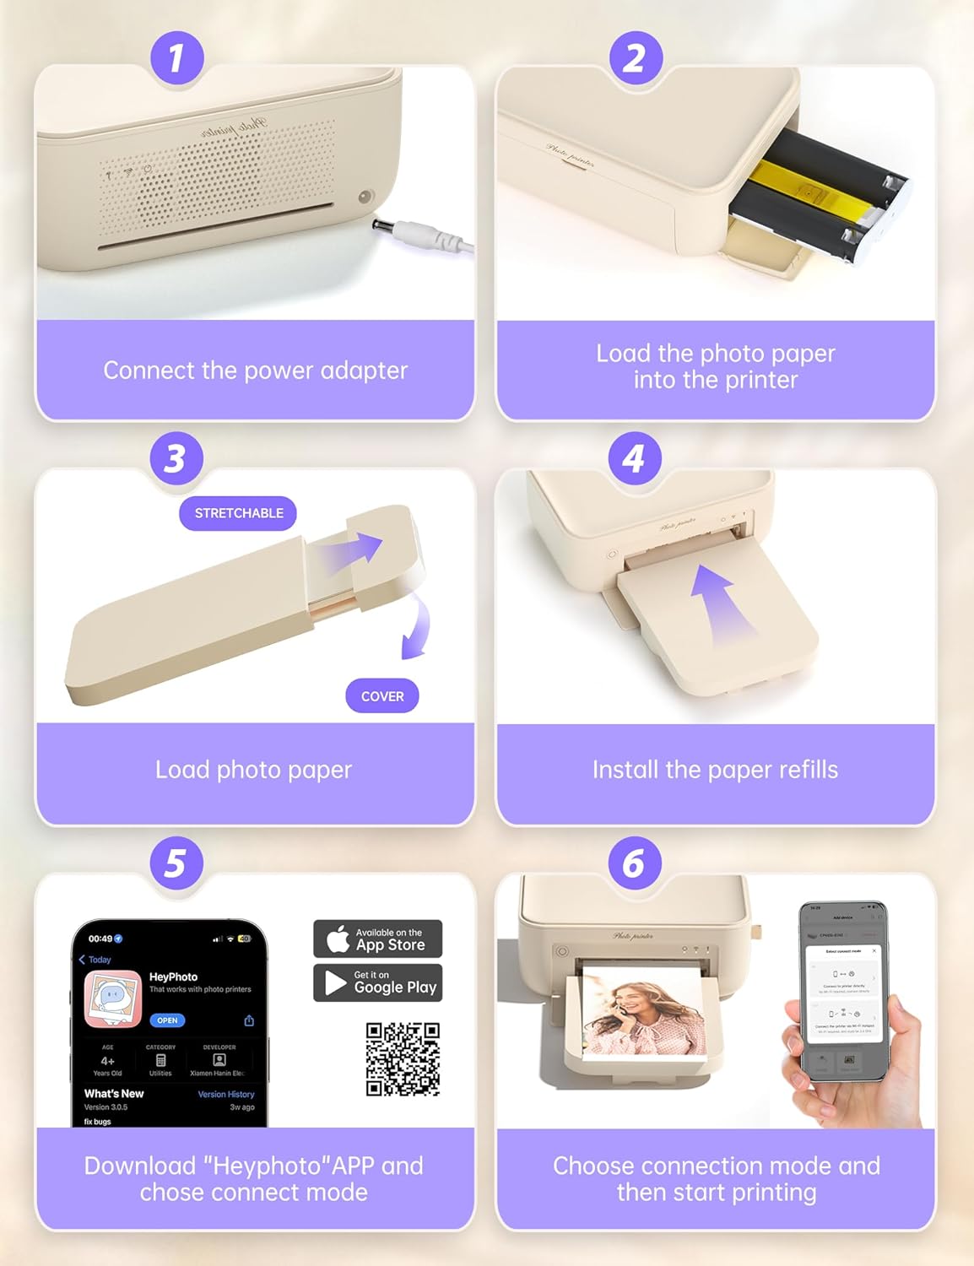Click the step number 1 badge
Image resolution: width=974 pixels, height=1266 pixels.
176,58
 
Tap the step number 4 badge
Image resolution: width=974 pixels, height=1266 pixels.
634,458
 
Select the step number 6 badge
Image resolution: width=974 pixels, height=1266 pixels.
634,863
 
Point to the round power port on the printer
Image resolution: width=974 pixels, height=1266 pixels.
365,197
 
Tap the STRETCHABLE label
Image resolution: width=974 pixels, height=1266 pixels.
238,513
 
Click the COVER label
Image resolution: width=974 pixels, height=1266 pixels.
382,696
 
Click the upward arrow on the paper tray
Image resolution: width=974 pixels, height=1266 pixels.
720,606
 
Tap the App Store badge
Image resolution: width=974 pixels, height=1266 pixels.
378,939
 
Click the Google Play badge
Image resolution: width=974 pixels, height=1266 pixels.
378,982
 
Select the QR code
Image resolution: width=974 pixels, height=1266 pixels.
403,1059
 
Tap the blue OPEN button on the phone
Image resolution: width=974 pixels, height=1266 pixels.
167,1020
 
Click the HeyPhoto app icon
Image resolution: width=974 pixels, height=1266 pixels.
113,999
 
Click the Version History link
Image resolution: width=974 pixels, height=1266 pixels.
225,1094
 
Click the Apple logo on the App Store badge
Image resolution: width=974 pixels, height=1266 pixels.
338,939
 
